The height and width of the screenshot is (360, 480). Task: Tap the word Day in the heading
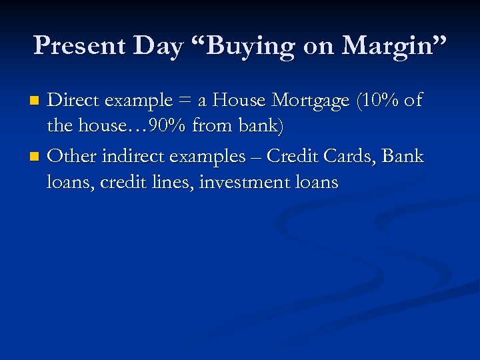(158, 45)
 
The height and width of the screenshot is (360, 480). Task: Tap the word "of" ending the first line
(413, 101)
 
